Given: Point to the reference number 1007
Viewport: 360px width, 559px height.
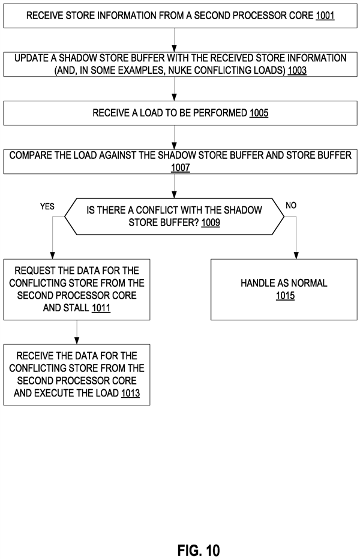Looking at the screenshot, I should [180, 169].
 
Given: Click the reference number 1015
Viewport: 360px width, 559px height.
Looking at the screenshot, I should [285, 296].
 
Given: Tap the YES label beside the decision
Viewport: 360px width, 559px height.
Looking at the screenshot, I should [47, 206].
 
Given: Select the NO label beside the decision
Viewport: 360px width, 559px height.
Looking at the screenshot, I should [291, 206].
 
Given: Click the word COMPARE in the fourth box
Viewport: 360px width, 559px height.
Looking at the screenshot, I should [31, 155].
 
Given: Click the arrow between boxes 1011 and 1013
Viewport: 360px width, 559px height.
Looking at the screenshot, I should [77, 332].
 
